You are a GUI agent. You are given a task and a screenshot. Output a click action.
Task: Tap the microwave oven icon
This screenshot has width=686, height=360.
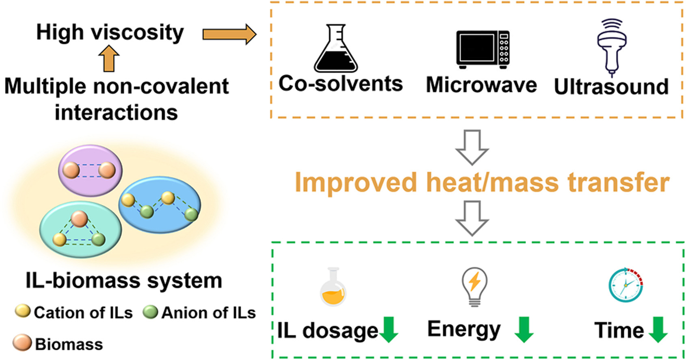click(483, 49)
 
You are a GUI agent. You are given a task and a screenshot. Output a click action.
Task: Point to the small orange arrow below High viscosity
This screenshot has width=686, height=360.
click(108, 58)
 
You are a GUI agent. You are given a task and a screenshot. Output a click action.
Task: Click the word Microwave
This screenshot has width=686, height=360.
click(481, 85)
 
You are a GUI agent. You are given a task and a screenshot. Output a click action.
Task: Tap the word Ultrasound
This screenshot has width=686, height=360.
click(611, 87)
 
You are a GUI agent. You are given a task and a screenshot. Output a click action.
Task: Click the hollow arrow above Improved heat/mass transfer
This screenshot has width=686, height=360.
click(472, 147)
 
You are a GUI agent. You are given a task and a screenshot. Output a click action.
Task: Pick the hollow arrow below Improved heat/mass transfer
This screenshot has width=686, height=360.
click(472, 218)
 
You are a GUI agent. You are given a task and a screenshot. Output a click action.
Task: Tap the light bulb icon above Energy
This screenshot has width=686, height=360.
click(474, 286)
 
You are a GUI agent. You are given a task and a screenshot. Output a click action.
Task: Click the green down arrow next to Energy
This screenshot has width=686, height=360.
click(524, 329)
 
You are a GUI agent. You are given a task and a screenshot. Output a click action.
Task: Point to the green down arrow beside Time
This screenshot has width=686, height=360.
click(658, 330)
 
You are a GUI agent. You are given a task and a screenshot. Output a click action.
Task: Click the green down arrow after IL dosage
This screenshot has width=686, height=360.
click(389, 330)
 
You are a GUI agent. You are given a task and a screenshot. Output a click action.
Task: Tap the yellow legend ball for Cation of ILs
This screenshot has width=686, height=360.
click(23, 312)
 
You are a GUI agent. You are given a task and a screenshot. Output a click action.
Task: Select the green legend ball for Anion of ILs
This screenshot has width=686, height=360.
click(150, 312)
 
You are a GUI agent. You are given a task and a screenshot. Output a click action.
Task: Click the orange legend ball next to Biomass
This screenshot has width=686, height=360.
click(22, 343)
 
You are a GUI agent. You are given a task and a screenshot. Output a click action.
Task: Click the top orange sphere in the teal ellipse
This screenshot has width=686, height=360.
click(79, 219)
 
